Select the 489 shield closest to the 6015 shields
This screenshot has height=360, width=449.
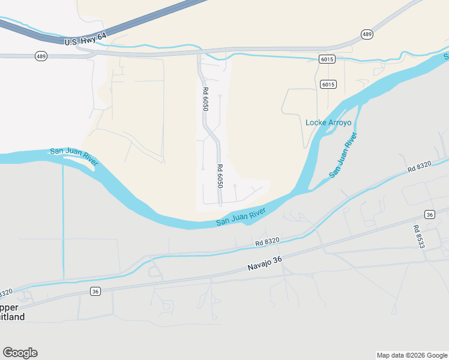[367, 34]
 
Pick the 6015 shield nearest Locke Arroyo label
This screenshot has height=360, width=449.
[328, 84]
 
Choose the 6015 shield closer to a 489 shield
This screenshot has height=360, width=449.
[327, 59]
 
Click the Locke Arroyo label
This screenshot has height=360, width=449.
[328, 122]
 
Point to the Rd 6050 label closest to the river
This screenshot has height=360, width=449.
[220, 175]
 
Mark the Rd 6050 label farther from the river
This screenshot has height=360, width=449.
[205, 98]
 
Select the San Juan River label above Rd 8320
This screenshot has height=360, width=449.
[241, 217]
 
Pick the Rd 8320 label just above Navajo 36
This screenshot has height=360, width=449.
[267, 241]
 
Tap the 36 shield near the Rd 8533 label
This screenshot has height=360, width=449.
[429, 214]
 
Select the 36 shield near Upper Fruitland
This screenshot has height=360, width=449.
[95, 291]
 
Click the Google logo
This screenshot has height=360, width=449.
[20, 353]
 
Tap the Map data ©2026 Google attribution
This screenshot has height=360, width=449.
[412, 355]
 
